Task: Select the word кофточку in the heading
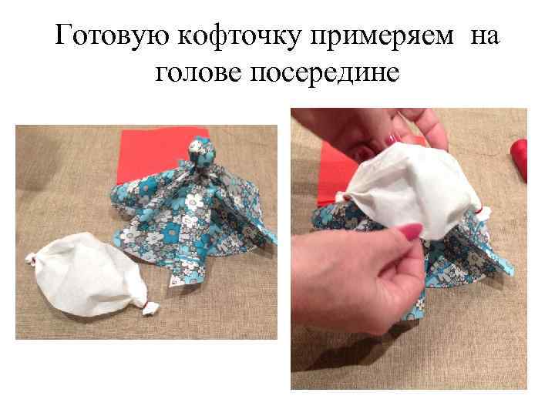point(240,36)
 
